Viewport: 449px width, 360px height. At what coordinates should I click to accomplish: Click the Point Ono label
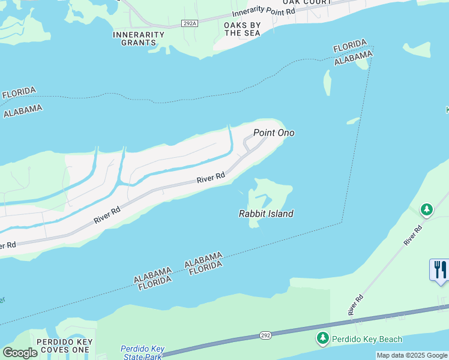pyautogui.click(x=274, y=133)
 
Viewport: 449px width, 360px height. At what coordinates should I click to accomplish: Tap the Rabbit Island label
pyautogui.click(x=266, y=214)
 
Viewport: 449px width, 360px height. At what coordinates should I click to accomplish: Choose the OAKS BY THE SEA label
pyautogui.click(x=242, y=29)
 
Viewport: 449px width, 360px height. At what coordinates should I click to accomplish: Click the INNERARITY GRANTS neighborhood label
pyautogui.click(x=139, y=38)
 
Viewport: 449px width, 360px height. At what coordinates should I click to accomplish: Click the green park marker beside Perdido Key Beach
pyautogui.click(x=323, y=339)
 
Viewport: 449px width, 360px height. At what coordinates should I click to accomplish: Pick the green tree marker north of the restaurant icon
pyautogui.click(x=426, y=209)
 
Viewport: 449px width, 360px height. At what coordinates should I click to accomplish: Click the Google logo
pyautogui.click(x=20, y=353)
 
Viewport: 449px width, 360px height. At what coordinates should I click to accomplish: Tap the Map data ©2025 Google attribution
pyautogui.click(x=412, y=355)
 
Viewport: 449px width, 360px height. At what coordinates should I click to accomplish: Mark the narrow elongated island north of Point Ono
pyautogui.click(x=328, y=83)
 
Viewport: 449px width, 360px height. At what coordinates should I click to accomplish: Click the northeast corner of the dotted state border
pyautogui.click(x=373, y=47)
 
